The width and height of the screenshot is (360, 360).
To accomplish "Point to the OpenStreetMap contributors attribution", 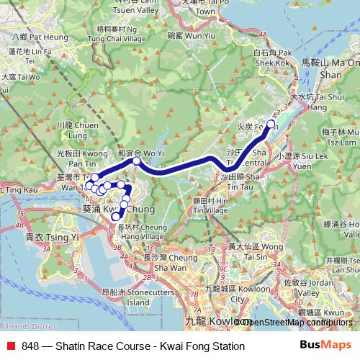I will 297,322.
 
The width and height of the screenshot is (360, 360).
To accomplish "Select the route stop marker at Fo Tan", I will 271,125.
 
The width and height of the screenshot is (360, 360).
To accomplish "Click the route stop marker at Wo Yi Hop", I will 136,162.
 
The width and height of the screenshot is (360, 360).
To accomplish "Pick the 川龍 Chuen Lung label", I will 71,129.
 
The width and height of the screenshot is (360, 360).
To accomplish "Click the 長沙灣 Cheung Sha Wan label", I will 162,262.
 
